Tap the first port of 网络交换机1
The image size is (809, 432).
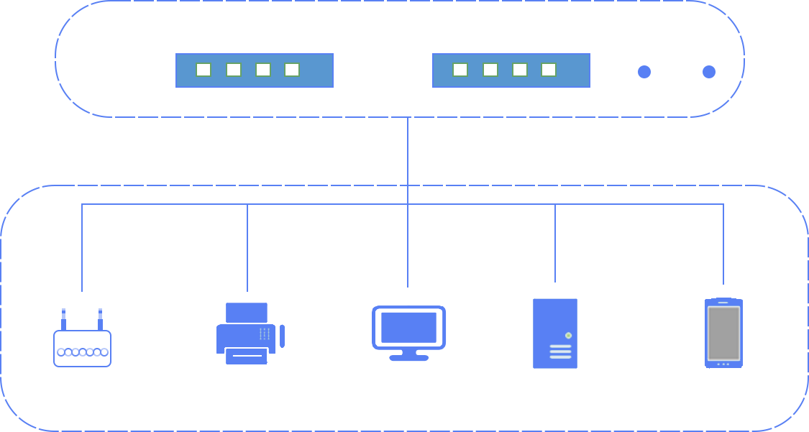tap(204, 70)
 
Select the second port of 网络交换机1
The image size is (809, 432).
tap(234, 70)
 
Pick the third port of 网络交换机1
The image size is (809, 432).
tap(263, 70)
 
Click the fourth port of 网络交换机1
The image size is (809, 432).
tap(292, 70)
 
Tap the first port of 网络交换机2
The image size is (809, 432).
tap(460, 70)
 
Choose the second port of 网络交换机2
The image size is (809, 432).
tap(490, 70)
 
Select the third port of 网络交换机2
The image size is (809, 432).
tap(520, 70)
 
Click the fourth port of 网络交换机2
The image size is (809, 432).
tap(549, 70)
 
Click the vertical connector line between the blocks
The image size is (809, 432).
tap(408, 151)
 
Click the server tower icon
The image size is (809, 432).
tap(554, 333)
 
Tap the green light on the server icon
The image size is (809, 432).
tap(568, 336)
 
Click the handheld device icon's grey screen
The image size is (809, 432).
tap(723, 333)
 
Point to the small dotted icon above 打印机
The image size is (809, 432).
tap(265, 334)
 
